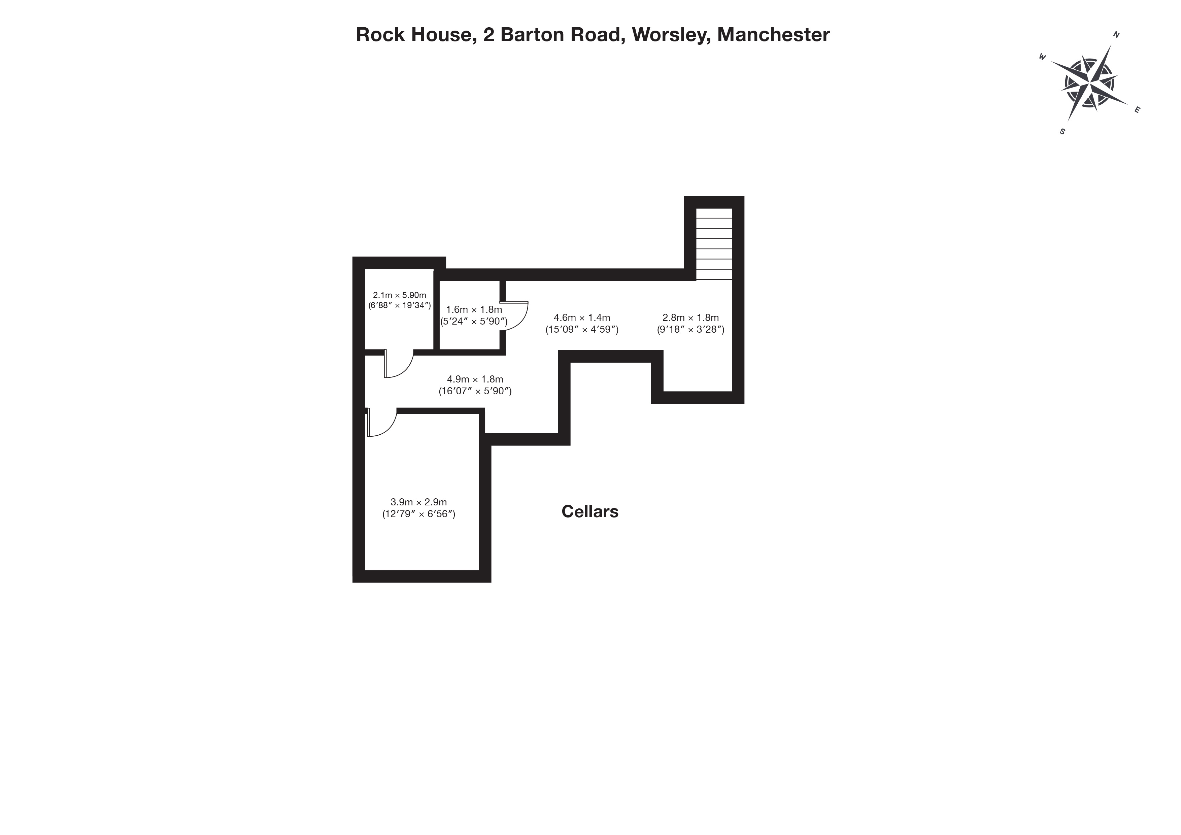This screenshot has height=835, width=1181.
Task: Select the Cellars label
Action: point(589,511)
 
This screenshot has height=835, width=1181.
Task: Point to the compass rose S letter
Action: point(1062,132)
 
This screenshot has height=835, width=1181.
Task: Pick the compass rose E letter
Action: point(1137,109)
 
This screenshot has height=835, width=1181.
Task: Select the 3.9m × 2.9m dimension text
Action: point(419,502)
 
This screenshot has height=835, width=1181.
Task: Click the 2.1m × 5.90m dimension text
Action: point(400,295)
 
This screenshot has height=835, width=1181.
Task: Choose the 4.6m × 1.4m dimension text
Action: point(582,318)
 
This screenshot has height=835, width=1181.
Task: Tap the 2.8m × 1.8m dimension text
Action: point(690,318)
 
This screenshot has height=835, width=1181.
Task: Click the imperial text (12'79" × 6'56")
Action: point(419,514)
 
